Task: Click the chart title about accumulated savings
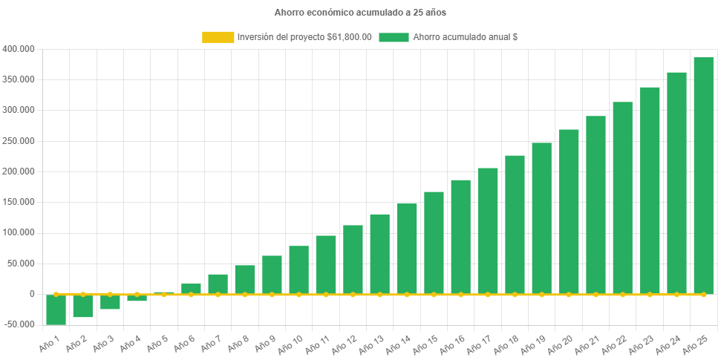click(360, 13)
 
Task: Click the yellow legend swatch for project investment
click(218, 37)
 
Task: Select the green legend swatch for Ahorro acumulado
click(394, 37)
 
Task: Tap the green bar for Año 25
click(703, 175)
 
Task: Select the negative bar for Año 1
click(56, 310)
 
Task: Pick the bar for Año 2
click(82, 306)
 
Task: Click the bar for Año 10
click(298, 269)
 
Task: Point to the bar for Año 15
click(434, 243)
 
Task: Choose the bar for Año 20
click(569, 212)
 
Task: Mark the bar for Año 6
click(191, 289)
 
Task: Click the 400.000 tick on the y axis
click(19, 49)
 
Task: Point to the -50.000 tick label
click(19, 324)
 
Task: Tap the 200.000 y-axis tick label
click(19, 171)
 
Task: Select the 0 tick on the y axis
click(31, 294)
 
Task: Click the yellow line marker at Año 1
click(56, 294)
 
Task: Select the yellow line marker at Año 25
click(703, 295)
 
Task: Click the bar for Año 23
click(650, 191)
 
